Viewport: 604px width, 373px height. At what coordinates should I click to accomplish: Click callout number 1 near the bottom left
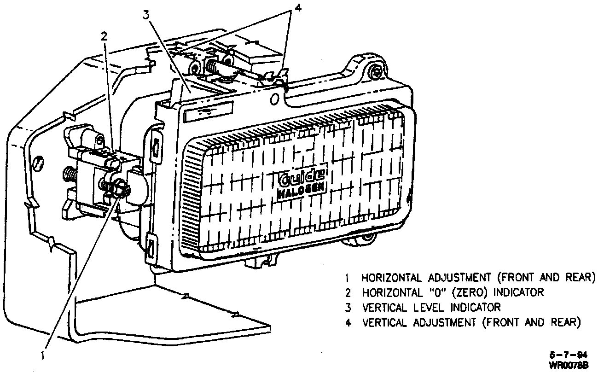click(x=42, y=355)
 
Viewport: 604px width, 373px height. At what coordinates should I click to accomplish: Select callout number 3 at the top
click(x=146, y=15)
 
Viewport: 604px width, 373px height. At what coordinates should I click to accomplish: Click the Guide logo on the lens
click(x=302, y=177)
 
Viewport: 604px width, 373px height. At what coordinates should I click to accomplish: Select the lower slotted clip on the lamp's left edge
click(x=151, y=249)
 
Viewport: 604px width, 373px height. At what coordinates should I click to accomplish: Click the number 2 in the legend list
click(x=348, y=292)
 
